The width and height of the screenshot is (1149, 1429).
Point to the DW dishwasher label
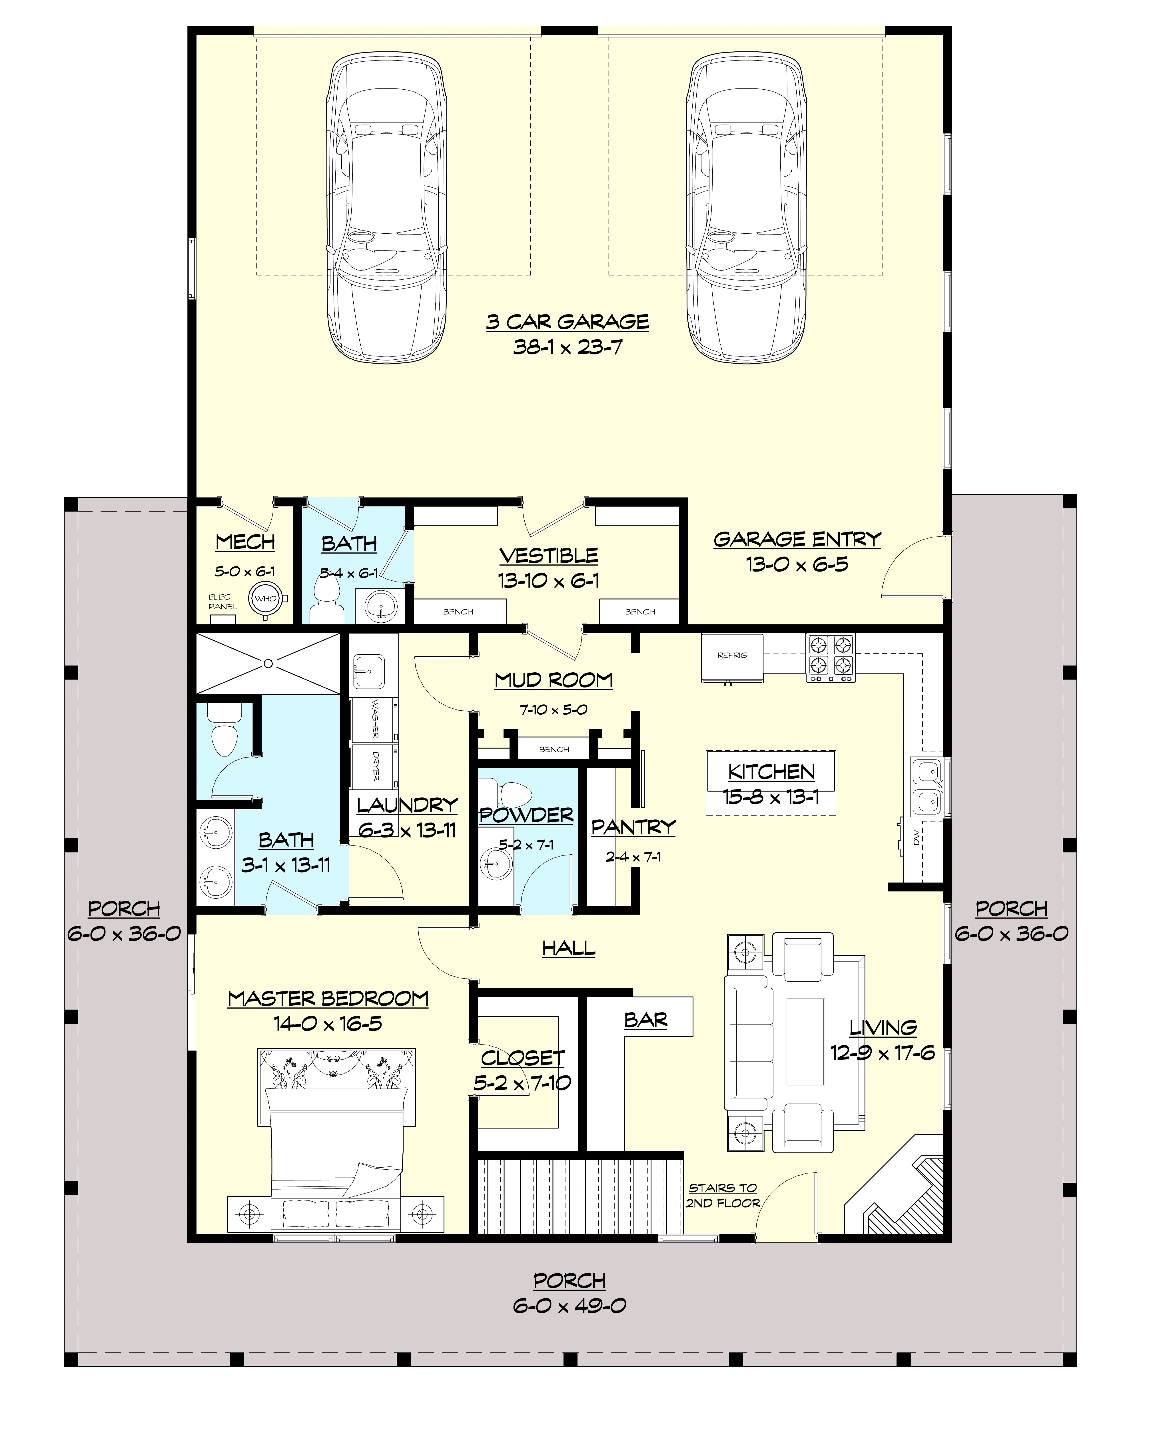click(x=917, y=840)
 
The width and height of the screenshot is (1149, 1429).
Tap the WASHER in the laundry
click(x=374, y=720)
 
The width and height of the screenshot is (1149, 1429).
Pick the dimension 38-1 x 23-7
click(x=568, y=347)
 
